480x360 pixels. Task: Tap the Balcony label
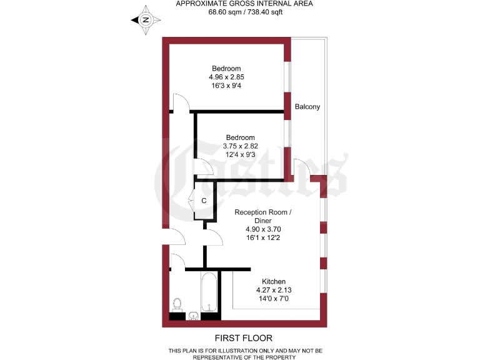[307, 107]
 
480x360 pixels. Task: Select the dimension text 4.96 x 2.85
[226, 77]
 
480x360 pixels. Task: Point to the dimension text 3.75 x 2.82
[241, 146]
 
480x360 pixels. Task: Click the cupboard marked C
[204, 201]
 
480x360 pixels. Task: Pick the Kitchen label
[274, 281]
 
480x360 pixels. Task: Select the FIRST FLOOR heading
[241, 338]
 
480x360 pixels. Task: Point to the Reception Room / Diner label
[263, 216]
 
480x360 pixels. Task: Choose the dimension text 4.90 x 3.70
[263, 229]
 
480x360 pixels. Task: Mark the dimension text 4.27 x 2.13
[274, 290]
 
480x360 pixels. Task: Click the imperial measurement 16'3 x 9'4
[226, 85]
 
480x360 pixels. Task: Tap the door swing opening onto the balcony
[301, 167]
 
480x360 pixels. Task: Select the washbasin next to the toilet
[194, 315]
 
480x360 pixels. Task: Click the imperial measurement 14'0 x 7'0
[274, 299]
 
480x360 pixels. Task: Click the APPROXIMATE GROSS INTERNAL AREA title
[244, 3]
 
